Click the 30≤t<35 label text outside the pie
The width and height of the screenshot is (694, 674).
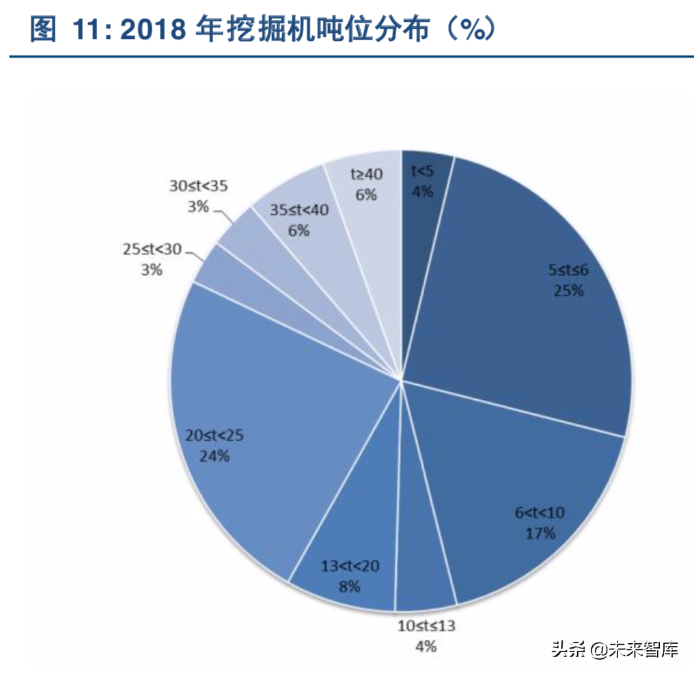click(x=197, y=185)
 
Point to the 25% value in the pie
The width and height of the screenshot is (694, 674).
click(x=569, y=291)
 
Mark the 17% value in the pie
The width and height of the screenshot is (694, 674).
click(x=540, y=533)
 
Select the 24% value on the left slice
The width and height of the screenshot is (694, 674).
click(x=214, y=456)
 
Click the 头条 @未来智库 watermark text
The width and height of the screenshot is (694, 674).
click(x=615, y=649)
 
